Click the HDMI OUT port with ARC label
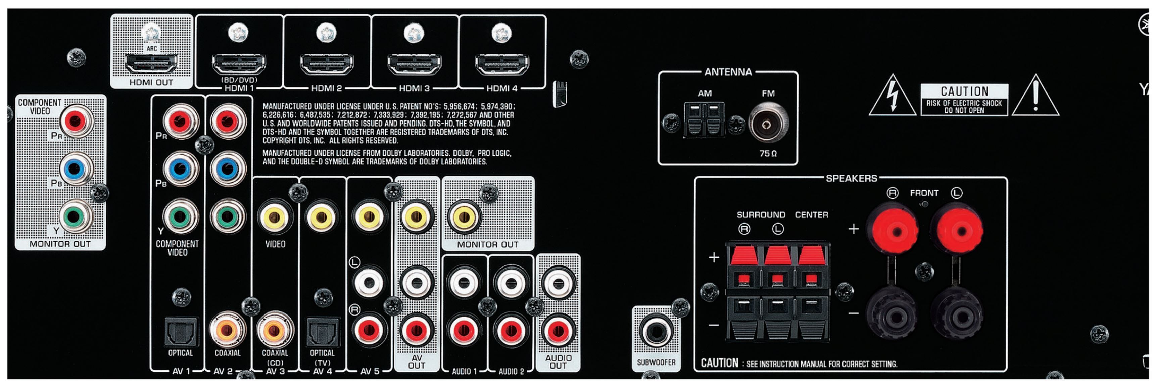pos(151,64)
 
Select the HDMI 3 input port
pos(414,64)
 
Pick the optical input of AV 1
pos(181,332)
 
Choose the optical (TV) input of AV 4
pos(322,332)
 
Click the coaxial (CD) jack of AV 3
pos(275,330)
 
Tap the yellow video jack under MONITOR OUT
pos(464,217)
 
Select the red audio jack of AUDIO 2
pos(511,331)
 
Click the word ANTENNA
pos(728,72)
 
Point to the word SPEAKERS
pos(851,178)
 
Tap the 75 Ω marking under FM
pos(768,153)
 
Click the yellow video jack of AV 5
pos(369,217)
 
